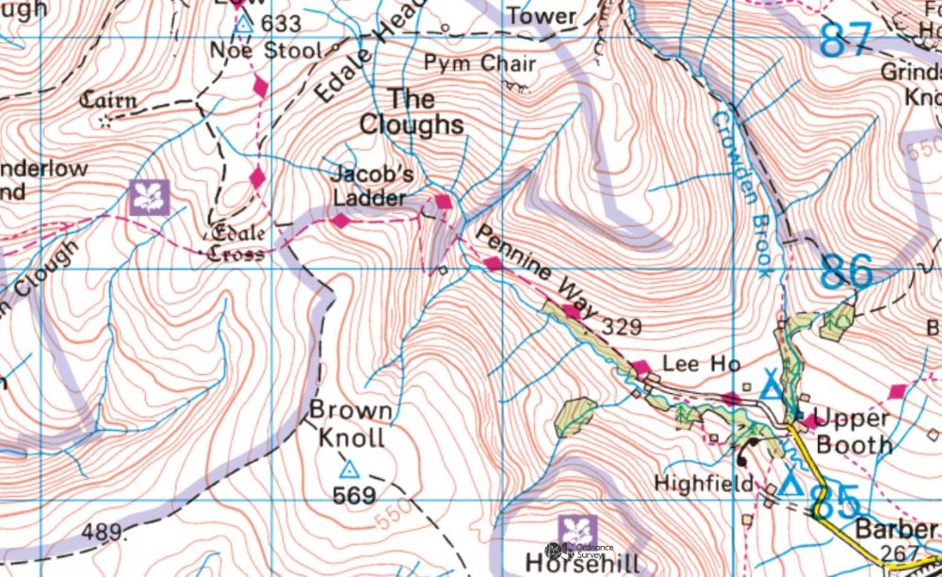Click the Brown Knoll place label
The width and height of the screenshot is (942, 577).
point(350,424)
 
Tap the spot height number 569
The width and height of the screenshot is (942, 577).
point(354,496)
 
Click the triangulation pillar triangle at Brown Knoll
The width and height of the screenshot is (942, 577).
point(349,469)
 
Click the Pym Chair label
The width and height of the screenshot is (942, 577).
point(479,64)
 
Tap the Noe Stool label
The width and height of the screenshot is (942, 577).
point(266,50)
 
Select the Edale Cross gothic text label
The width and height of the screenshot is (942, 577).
point(236,243)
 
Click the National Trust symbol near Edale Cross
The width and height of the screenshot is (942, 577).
point(149,197)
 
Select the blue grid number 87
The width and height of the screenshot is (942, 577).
point(844,41)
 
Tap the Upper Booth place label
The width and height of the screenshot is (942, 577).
point(852,431)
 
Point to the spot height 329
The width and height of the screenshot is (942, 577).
point(622,327)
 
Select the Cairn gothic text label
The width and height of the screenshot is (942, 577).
point(108,100)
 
